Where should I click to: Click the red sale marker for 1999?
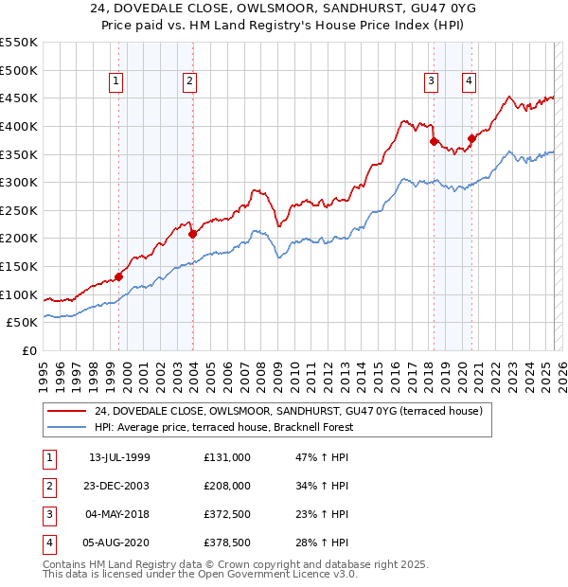click(119, 276)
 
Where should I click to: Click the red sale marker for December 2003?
click(192, 234)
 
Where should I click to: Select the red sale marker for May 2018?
click(434, 141)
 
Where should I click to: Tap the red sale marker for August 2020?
click(470, 139)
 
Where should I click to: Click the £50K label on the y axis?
click(23, 323)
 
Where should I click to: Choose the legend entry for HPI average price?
click(223, 427)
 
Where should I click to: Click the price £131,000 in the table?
click(227, 457)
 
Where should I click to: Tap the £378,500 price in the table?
click(227, 543)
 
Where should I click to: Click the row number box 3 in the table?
click(49, 514)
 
